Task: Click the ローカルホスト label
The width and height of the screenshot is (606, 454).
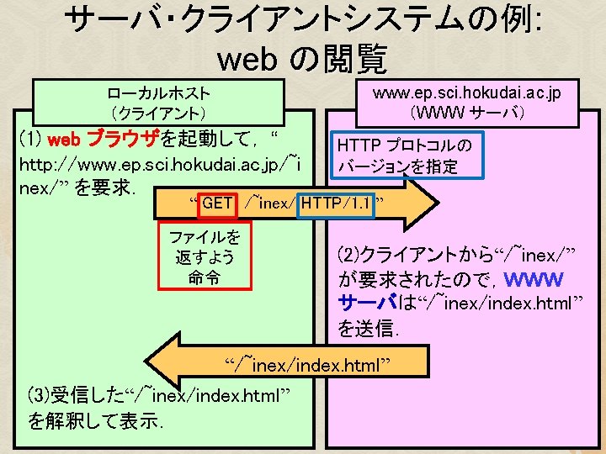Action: click(159, 92)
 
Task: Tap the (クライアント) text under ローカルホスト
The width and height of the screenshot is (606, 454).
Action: click(159, 112)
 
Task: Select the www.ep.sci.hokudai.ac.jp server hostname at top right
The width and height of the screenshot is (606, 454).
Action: click(467, 92)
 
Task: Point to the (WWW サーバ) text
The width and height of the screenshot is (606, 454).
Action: click(467, 111)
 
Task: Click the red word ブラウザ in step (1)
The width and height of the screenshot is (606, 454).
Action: click(123, 138)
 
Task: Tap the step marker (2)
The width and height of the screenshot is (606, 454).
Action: click(349, 253)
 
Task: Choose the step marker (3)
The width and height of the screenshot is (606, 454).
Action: click(40, 396)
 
